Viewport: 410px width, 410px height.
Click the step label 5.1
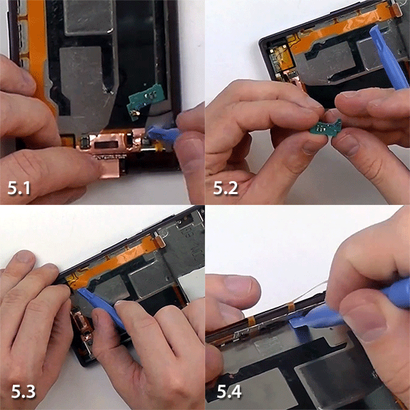pyautogui.click(x=19, y=188)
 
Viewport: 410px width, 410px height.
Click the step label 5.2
pyautogui.click(x=225, y=188)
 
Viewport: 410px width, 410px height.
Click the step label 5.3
pyautogui.click(x=23, y=392)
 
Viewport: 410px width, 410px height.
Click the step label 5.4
pyautogui.click(x=230, y=392)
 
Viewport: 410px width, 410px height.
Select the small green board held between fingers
pyautogui.click(x=325, y=128)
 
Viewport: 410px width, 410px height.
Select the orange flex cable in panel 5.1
pyautogui.click(x=39, y=53)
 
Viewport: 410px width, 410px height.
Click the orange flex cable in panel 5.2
pyautogui.click(x=340, y=29)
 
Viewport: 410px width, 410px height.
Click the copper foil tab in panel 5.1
pyautogui.click(x=110, y=167)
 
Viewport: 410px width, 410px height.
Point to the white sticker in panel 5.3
pyautogui.click(x=192, y=284)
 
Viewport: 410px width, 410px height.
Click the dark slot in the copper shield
pyautogui.click(x=106, y=144)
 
